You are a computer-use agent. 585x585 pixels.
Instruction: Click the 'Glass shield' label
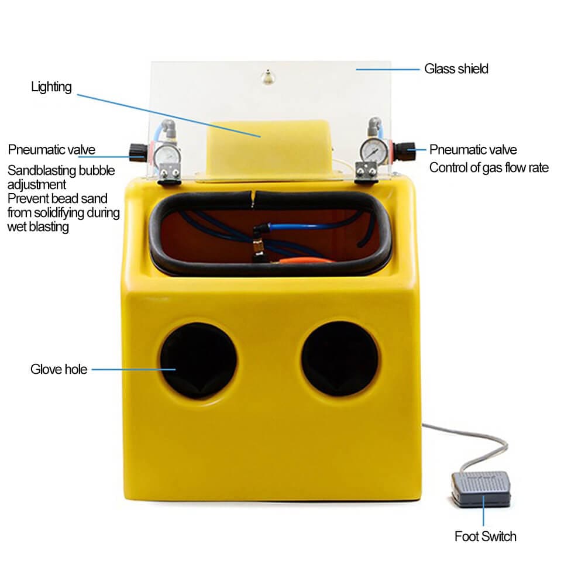(x=456, y=69)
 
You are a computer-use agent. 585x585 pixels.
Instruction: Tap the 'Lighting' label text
(x=51, y=87)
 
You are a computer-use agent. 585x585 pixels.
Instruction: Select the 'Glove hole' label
(x=59, y=369)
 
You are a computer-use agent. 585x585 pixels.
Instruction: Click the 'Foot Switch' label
(x=486, y=536)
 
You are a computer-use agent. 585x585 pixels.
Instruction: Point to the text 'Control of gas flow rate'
(x=488, y=168)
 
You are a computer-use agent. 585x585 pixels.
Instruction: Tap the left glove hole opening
(x=198, y=361)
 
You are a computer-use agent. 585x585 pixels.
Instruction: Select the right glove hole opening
(x=339, y=359)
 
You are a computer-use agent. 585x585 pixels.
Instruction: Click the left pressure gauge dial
(x=164, y=155)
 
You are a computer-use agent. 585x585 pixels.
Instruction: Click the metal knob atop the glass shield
(x=267, y=77)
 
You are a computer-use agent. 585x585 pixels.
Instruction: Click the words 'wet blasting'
(x=38, y=227)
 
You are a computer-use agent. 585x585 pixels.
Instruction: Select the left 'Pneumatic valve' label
(x=51, y=150)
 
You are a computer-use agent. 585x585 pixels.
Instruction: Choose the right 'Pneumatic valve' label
(x=473, y=150)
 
